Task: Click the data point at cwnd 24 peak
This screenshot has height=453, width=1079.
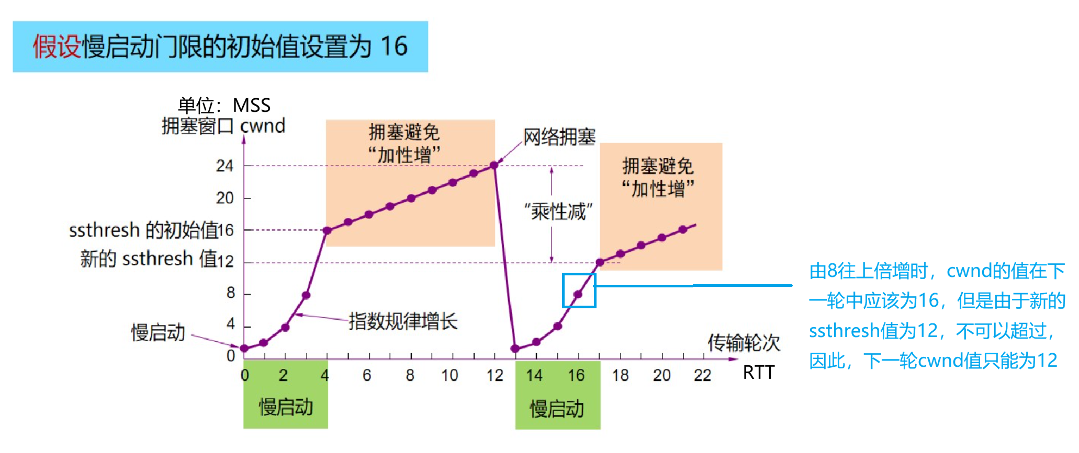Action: [494, 166]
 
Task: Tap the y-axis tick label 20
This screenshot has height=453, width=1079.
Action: [224, 198]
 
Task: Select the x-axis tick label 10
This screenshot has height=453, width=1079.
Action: [449, 375]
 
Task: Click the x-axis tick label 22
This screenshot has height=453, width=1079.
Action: [702, 375]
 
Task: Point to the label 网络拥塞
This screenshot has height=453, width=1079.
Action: [559, 137]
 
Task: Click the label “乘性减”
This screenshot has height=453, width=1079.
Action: [559, 212]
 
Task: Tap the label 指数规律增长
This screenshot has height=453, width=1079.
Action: [403, 321]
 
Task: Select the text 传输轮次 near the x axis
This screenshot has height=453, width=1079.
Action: [744, 343]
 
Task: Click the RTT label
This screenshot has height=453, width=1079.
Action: [758, 373]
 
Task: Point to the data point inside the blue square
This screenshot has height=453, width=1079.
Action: [578, 295]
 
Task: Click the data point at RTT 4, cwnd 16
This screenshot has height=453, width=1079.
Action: [327, 230]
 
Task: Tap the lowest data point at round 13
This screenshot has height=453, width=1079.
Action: [515, 349]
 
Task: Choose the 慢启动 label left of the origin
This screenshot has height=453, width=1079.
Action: [158, 332]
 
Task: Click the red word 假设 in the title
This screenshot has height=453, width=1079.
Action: [57, 47]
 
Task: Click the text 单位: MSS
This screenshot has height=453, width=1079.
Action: [224, 106]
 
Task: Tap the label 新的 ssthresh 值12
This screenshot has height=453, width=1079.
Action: [156, 259]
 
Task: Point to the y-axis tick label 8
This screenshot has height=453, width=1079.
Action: [231, 293]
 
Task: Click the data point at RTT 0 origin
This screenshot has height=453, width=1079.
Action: [244, 349]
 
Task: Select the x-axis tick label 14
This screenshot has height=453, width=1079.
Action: [534, 375]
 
